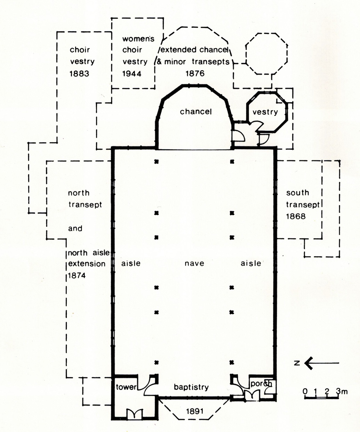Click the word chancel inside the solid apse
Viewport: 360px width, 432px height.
(x=196, y=112)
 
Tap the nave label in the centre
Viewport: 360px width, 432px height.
(x=194, y=264)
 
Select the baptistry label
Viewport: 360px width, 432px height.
(x=191, y=387)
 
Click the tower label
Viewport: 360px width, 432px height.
(x=126, y=387)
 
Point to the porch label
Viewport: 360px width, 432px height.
(x=261, y=384)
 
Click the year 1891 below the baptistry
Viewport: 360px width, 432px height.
(x=195, y=411)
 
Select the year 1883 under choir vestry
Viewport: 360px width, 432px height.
(x=79, y=74)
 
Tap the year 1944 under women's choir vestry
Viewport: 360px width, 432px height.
(x=132, y=74)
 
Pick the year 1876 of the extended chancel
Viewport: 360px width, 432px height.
(x=195, y=73)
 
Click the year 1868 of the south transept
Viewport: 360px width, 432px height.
(x=296, y=217)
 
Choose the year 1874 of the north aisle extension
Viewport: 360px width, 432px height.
(x=77, y=276)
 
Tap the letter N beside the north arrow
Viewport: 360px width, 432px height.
(x=297, y=363)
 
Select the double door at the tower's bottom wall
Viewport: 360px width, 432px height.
(x=134, y=414)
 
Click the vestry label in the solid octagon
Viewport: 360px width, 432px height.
(x=265, y=112)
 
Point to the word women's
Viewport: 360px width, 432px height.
(x=138, y=39)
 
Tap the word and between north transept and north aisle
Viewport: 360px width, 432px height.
(x=75, y=228)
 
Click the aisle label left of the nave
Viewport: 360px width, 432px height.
(x=131, y=264)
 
